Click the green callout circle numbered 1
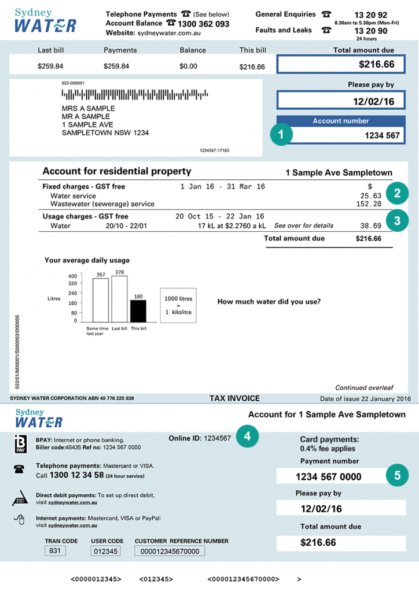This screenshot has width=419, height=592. click(281, 135)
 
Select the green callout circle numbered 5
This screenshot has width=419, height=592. click(397, 476)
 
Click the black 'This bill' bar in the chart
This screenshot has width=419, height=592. click(138, 311)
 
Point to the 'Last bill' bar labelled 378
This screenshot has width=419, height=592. click(119, 299)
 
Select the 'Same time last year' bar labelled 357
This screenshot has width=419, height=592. click(101, 301)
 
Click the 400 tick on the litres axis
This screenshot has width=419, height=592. click(73, 276)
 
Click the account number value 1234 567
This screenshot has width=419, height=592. click(381, 135)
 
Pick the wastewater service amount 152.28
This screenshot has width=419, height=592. click(369, 204)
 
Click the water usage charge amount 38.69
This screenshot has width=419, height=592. click(369, 226)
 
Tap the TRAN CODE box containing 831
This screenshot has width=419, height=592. click(56, 551)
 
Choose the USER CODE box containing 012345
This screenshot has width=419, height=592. click(105, 552)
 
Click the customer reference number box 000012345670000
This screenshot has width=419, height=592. click(170, 552)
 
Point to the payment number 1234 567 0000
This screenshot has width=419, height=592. click(328, 477)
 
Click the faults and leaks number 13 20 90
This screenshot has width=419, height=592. click(370, 31)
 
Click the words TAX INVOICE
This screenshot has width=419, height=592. click(234, 398)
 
